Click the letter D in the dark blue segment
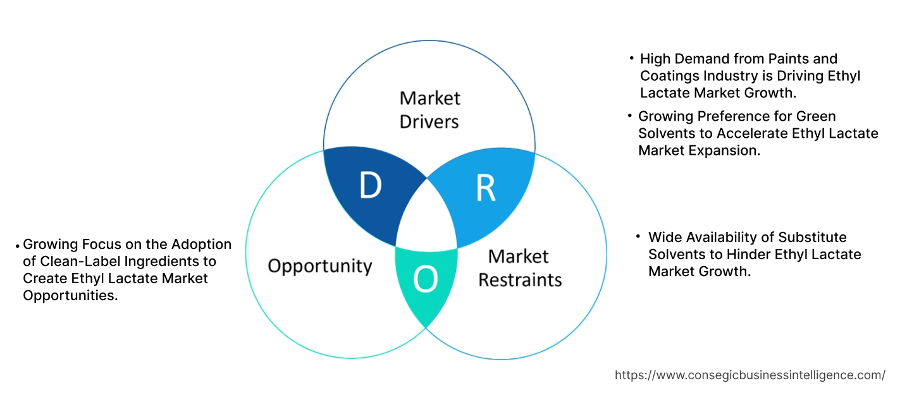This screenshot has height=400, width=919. [x=370, y=185]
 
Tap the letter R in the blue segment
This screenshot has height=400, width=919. [x=485, y=188]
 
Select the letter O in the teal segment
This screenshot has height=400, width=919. [x=425, y=279]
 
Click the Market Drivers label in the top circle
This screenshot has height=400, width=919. [x=429, y=109]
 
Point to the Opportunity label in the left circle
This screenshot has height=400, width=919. [x=319, y=265]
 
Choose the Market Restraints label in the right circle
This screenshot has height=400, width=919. [x=519, y=268]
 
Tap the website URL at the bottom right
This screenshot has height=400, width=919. [x=750, y=375]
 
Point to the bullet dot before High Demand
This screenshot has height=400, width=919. [x=631, y=58]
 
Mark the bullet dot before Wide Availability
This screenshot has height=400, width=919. [x=638, y=236]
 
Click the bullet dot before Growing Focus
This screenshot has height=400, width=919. [x=17, y=245]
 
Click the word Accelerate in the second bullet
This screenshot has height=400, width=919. [x=753, y=133]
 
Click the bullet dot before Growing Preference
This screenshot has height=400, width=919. [x=630, y=116]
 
